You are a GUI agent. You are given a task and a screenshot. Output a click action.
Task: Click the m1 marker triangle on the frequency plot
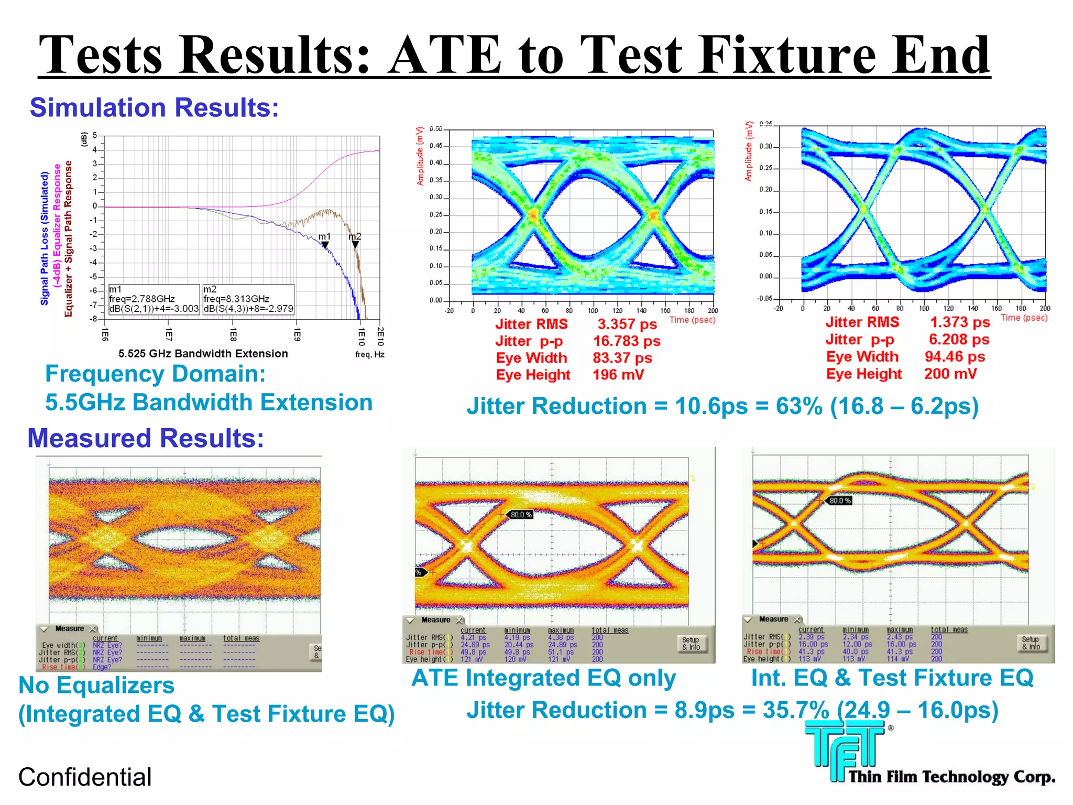[x=325, y=245]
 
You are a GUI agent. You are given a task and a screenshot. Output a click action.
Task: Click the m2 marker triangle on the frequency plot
[x=355, y=245]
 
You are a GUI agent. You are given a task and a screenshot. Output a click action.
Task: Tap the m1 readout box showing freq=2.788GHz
[x=154, y=299]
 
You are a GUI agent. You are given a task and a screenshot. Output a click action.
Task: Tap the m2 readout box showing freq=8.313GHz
[x=248, y=299]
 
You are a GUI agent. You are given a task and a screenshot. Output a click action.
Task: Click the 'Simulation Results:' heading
[x=154, y=107]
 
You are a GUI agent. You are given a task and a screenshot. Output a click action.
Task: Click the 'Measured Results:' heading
[x=146, y=438]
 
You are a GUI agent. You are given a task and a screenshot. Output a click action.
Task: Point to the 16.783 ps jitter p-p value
[x=626, y=341]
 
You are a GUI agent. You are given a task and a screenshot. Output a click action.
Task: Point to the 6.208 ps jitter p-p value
[x=958, y=340]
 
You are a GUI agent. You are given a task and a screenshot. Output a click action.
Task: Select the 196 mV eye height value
[x=618, y=375]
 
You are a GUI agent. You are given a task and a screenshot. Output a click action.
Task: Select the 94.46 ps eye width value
[x=955, y=357]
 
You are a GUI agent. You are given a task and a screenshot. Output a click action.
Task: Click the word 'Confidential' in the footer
[x=85, y=777]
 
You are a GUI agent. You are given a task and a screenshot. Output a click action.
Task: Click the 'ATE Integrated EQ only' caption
[x=543, y=678]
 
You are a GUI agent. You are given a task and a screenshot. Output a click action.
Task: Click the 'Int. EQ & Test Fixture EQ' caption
[x=892, y=678]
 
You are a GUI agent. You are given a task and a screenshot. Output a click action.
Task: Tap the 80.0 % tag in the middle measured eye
[x=521, y=515]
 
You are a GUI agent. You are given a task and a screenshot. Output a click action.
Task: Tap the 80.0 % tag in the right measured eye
[x=840, y=501]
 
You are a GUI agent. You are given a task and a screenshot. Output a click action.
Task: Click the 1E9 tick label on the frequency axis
[x=297, y=335]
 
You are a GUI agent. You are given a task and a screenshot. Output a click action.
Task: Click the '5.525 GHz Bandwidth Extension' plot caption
[x=203, y=354]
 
